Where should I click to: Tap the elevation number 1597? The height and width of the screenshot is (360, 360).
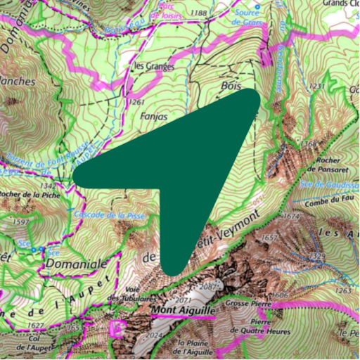[x=21, y=222]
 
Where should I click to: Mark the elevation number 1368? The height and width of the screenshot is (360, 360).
[x=309, y=145]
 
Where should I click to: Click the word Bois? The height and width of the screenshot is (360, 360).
[x=210, y=84]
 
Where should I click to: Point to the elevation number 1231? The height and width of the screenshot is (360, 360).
[x=316, y=85]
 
